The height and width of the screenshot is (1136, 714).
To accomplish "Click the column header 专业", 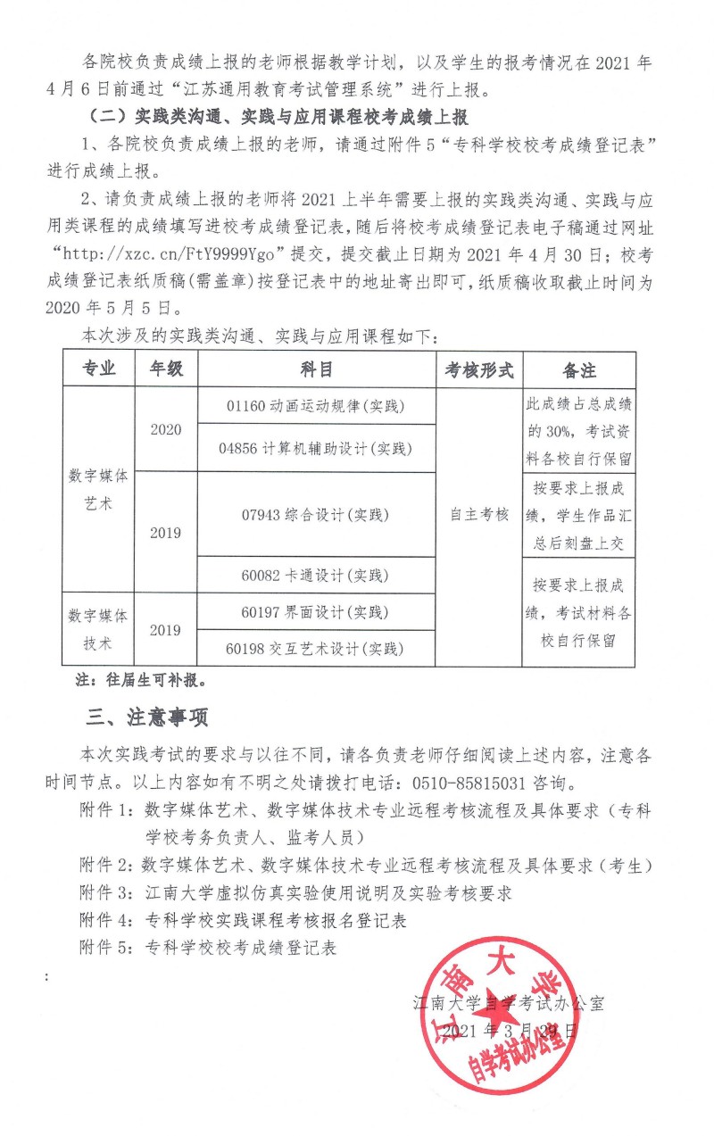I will click(98, 369).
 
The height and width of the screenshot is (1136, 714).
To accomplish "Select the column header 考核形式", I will click(479, 369).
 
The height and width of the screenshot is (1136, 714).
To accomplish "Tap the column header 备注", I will click(579, 369).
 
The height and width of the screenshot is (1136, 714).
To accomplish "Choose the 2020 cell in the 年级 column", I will click(165, 429).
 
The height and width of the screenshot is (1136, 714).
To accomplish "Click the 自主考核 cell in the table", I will click(479, 515).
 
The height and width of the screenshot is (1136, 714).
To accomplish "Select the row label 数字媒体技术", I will click(98, 629).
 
